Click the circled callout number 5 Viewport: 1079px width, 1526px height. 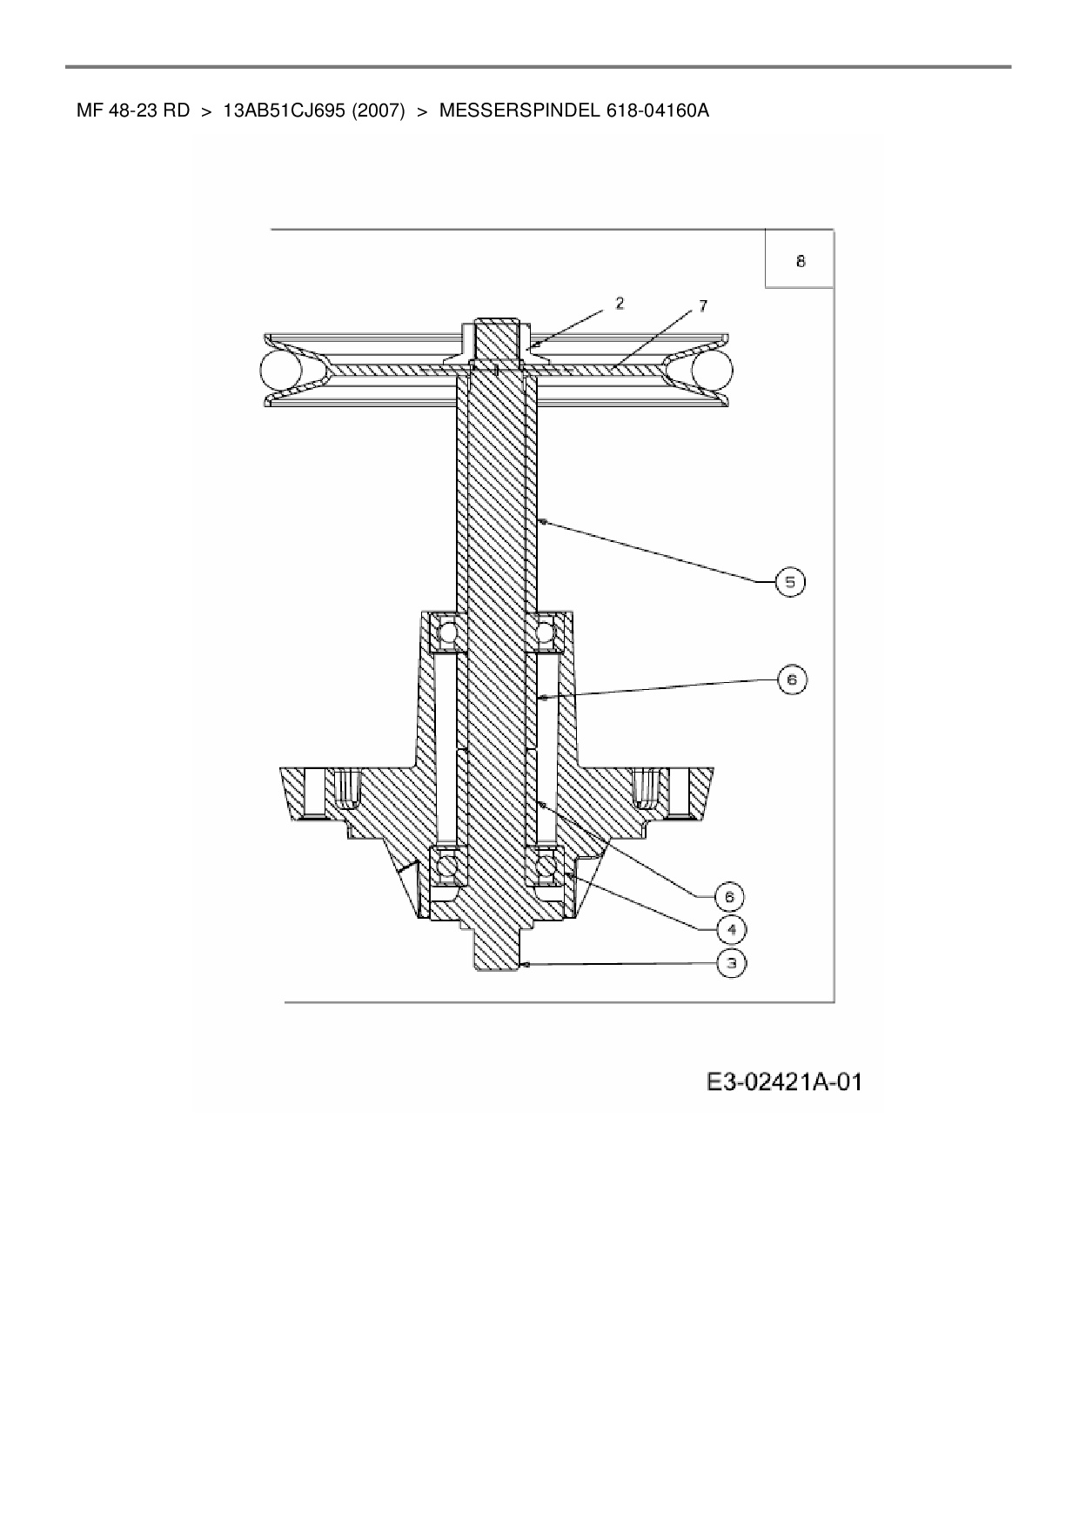[x=790, y=582]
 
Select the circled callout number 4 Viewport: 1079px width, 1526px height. [x=731, y=930]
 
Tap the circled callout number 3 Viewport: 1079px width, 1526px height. [x=731, y=963]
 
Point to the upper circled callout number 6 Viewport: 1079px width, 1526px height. [x=792, y=679]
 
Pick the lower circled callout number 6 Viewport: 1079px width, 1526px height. [x=729, y=896]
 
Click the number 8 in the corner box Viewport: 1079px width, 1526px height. [x=801, y=260]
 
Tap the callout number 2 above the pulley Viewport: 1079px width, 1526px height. [x=620, y=303]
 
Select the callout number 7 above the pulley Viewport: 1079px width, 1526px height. [x=703, y=305]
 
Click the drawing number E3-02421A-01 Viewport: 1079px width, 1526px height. [x=784, y=1081]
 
